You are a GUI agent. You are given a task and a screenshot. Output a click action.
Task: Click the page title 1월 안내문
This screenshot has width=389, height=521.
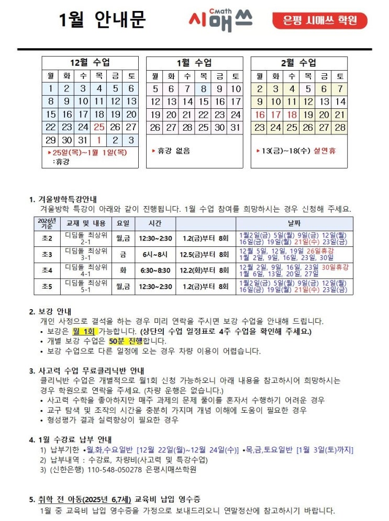(102, 20)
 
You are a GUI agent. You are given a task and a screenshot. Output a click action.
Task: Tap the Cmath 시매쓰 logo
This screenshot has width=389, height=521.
(220, 20)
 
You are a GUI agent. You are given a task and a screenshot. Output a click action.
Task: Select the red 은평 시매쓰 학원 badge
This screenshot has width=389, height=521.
(319, 21)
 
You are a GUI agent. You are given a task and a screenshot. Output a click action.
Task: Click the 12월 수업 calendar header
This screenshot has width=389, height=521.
(90, 63)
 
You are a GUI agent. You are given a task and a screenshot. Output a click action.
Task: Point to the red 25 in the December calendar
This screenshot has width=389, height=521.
(99, 127)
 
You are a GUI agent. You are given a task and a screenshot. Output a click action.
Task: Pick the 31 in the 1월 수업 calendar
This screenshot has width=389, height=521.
(235, 127)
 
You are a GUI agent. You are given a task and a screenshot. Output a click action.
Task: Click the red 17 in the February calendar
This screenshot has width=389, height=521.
(275, 114)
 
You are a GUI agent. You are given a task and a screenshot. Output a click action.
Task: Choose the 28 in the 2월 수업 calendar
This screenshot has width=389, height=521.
(340, 127)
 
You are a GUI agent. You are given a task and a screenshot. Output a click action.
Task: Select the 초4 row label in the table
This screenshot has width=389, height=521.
(47, 270)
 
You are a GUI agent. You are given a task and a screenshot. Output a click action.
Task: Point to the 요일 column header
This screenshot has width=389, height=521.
(123, 223)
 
